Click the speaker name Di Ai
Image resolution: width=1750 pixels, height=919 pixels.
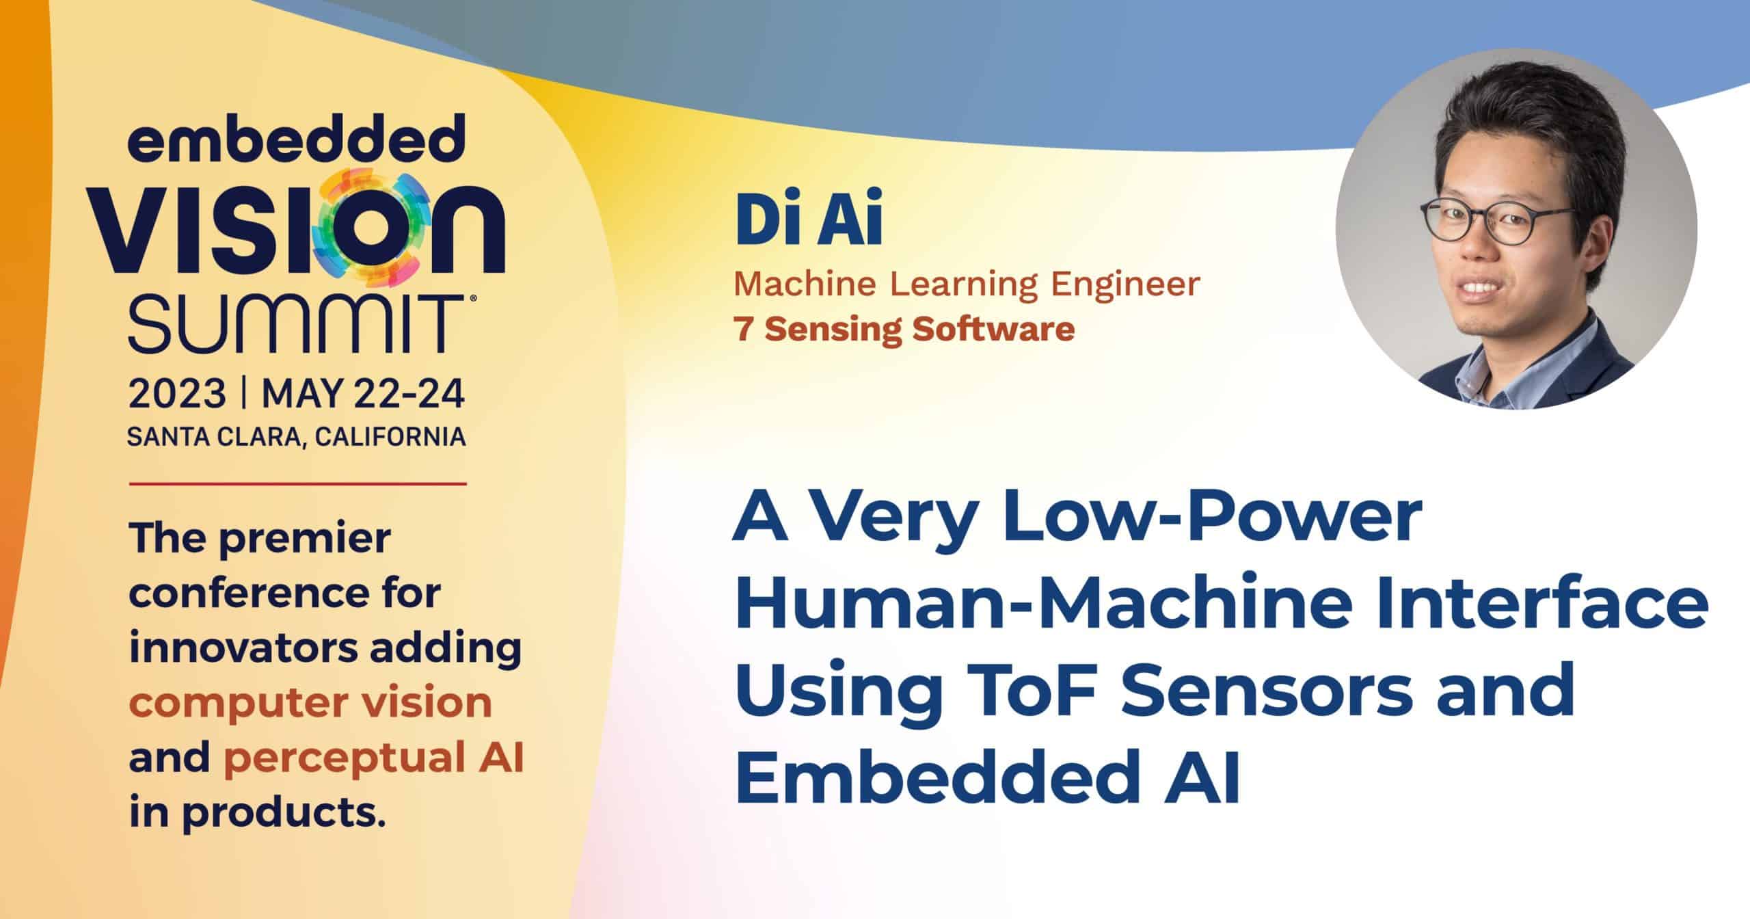click(x=808, y=224)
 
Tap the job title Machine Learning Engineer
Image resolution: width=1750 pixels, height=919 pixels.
click(x=966, y=285)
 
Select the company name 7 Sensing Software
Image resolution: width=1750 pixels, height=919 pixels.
click(x=904, y=330)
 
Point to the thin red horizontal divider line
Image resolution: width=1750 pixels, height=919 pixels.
click(x=297, y=483)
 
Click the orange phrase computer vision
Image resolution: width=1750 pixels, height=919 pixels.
click(x=310, y=703)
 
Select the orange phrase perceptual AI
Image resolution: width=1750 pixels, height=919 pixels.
click(x=373, y=758)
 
